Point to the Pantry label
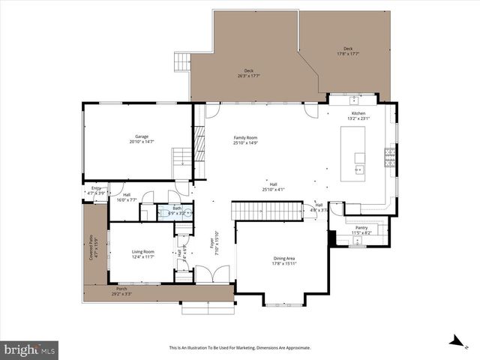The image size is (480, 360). [x=362, y=230]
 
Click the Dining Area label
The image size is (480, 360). [x=284, y=261]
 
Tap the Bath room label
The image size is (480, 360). [x=177, y=211]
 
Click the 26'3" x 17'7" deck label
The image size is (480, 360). [x=248, y=73]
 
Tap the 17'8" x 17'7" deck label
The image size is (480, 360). [x=344, y=52]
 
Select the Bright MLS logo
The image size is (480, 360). [x=30, y=349]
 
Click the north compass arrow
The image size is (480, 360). [x=454, y=342]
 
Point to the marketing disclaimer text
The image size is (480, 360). [x=239, y=348]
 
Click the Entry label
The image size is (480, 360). [x=96, y=190]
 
